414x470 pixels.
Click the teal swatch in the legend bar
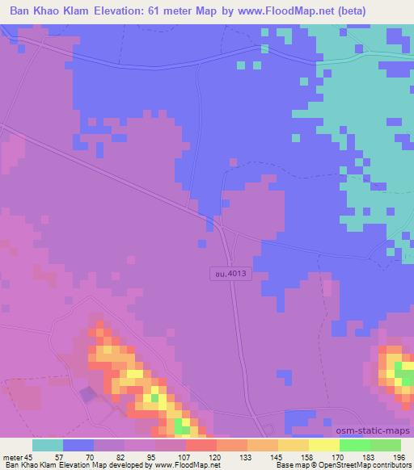click(x=48, y=445)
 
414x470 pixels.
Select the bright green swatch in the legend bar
click(x=355, y=445)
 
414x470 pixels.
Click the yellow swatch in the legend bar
click(x=324, y=445)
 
